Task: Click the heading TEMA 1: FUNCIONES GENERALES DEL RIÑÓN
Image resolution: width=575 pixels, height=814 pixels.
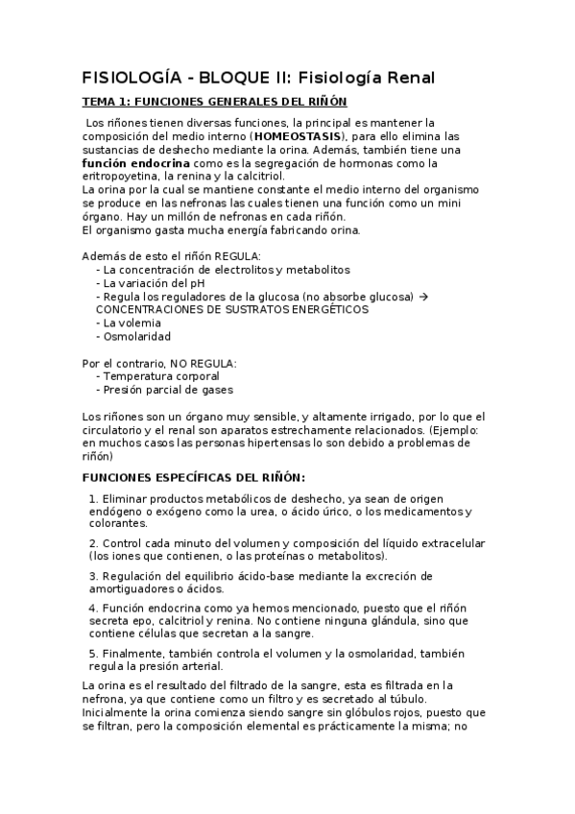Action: click(x=215, y=102)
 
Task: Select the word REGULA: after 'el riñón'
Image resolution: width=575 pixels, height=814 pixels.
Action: click(x=236, y=256)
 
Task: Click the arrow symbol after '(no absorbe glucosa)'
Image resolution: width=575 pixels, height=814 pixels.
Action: click(x=424, y=297)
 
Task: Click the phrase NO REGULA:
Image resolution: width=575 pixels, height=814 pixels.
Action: click(x=204, y=363)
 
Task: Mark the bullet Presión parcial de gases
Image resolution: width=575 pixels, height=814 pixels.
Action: click(x=168, y=390)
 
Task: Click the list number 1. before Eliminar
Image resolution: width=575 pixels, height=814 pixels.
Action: click(x=93, y=499)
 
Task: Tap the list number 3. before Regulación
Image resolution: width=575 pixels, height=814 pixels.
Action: click(x=93, y=576)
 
